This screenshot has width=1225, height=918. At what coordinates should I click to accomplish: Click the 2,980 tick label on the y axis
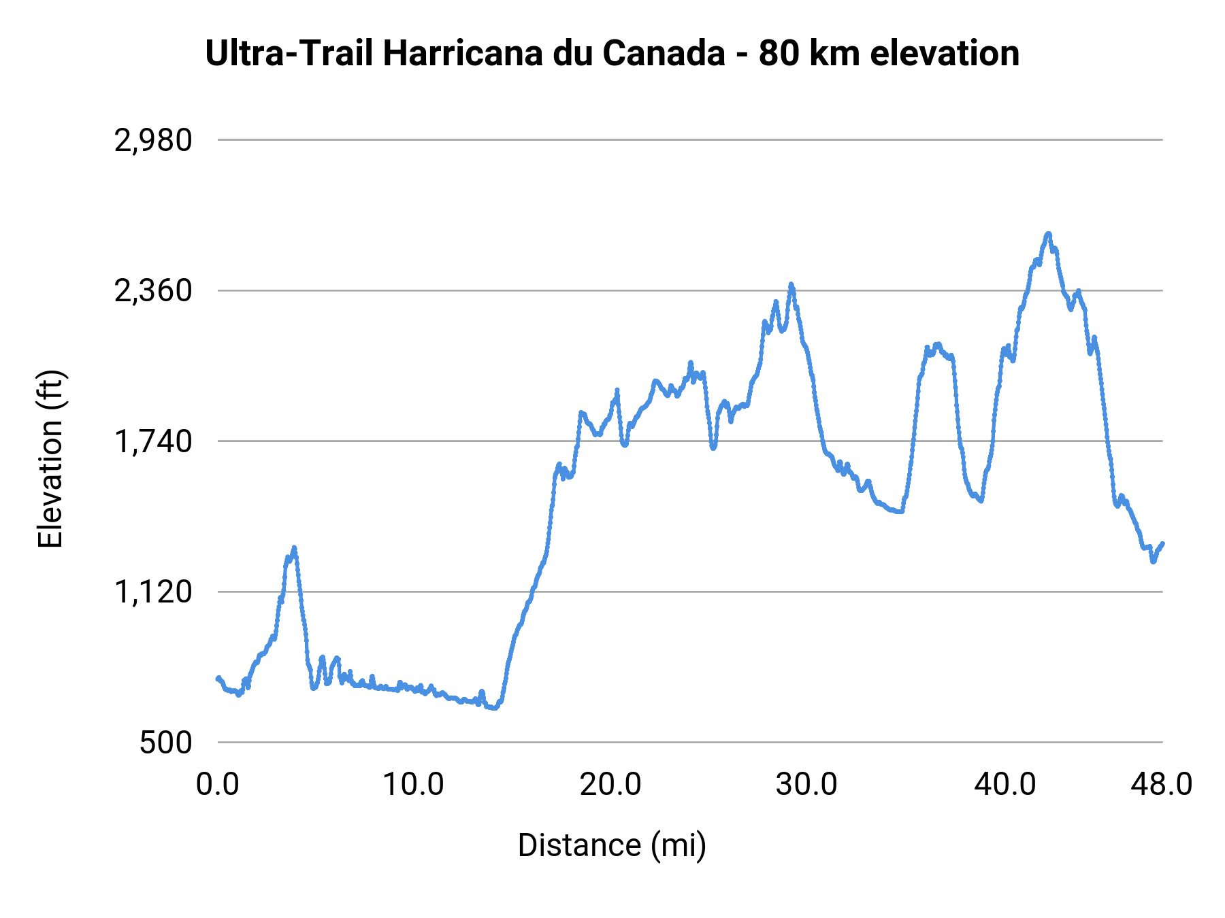(153, 141)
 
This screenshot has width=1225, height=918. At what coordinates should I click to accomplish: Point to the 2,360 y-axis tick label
(153, 291)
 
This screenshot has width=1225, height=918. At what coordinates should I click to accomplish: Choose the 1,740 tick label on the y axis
(153, 442)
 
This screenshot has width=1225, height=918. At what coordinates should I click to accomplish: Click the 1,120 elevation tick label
(153, 592)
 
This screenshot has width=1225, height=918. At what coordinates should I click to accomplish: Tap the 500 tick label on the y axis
(166, 743)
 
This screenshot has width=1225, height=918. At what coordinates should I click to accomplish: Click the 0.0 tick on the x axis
(218, 785)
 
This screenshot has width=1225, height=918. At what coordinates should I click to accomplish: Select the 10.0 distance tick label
(413, 785)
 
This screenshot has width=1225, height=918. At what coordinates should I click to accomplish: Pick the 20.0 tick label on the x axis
(610, 785)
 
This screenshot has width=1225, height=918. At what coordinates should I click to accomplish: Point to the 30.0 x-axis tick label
(806, 785)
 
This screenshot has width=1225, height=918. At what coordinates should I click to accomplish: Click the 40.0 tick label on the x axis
(1004, 785)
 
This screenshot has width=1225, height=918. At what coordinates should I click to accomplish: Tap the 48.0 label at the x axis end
(1161, 785)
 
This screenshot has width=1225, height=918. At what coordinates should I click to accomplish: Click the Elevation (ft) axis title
(50, 459)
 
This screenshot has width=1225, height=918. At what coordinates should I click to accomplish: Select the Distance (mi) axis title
(612, 845)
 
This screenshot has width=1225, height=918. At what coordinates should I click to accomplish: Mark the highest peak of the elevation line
(1048, 234)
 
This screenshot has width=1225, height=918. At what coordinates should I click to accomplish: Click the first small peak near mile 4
(294, 547)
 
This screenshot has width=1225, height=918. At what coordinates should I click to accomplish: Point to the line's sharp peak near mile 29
(791, 284)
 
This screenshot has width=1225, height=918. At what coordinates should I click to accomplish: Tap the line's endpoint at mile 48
(1162, 543)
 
